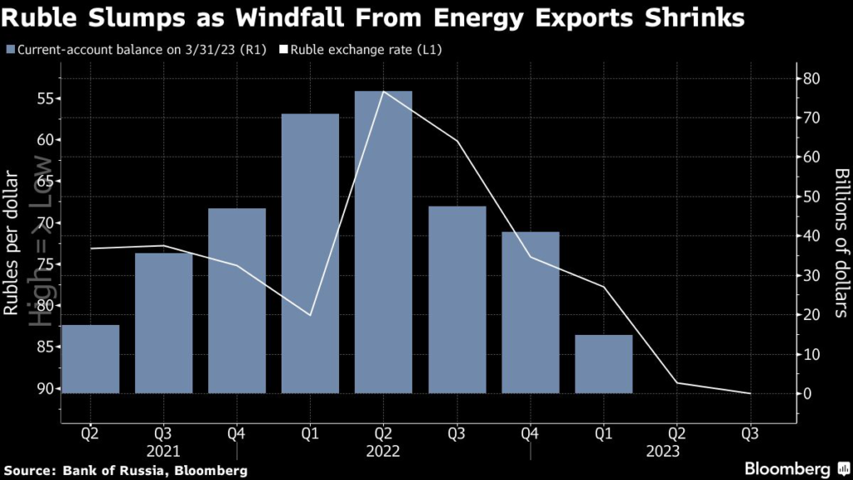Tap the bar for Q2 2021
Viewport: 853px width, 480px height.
point(90,358)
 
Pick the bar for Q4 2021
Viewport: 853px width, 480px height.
point(237,300)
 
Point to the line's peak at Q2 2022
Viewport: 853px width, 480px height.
point(383,92)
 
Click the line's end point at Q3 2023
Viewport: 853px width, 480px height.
point(751,393)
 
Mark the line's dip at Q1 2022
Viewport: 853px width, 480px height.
point(310,315)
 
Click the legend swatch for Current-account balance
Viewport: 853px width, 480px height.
point(9,50)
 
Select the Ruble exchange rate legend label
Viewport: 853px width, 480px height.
point(366,50)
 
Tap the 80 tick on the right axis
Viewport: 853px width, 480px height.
point(811,79)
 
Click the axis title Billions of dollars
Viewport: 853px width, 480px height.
point(840,242)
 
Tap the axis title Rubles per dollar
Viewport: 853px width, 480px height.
point(12,242)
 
